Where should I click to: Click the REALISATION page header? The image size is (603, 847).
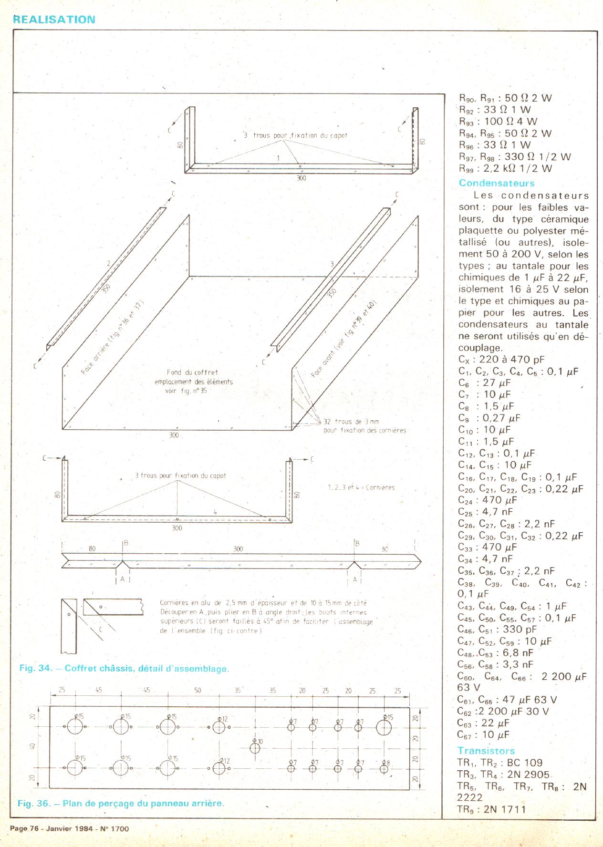point(54,20)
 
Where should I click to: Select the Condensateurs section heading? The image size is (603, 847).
point(497,183)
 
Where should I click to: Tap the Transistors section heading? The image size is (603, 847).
point(486,751)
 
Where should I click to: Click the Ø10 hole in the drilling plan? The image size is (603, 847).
point(255,747)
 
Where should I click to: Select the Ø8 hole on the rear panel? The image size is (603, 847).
point(384,768)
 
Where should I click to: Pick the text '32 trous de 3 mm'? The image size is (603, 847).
point(351,422)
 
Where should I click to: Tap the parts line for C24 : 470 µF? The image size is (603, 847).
point(487,500)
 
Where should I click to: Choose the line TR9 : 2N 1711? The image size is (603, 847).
point(491,809)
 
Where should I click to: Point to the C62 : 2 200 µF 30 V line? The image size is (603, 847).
point(503,712)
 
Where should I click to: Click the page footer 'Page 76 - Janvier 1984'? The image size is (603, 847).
point(69,828)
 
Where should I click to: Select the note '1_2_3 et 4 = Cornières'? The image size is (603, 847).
point(359,487)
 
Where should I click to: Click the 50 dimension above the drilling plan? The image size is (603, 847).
point(198,690)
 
